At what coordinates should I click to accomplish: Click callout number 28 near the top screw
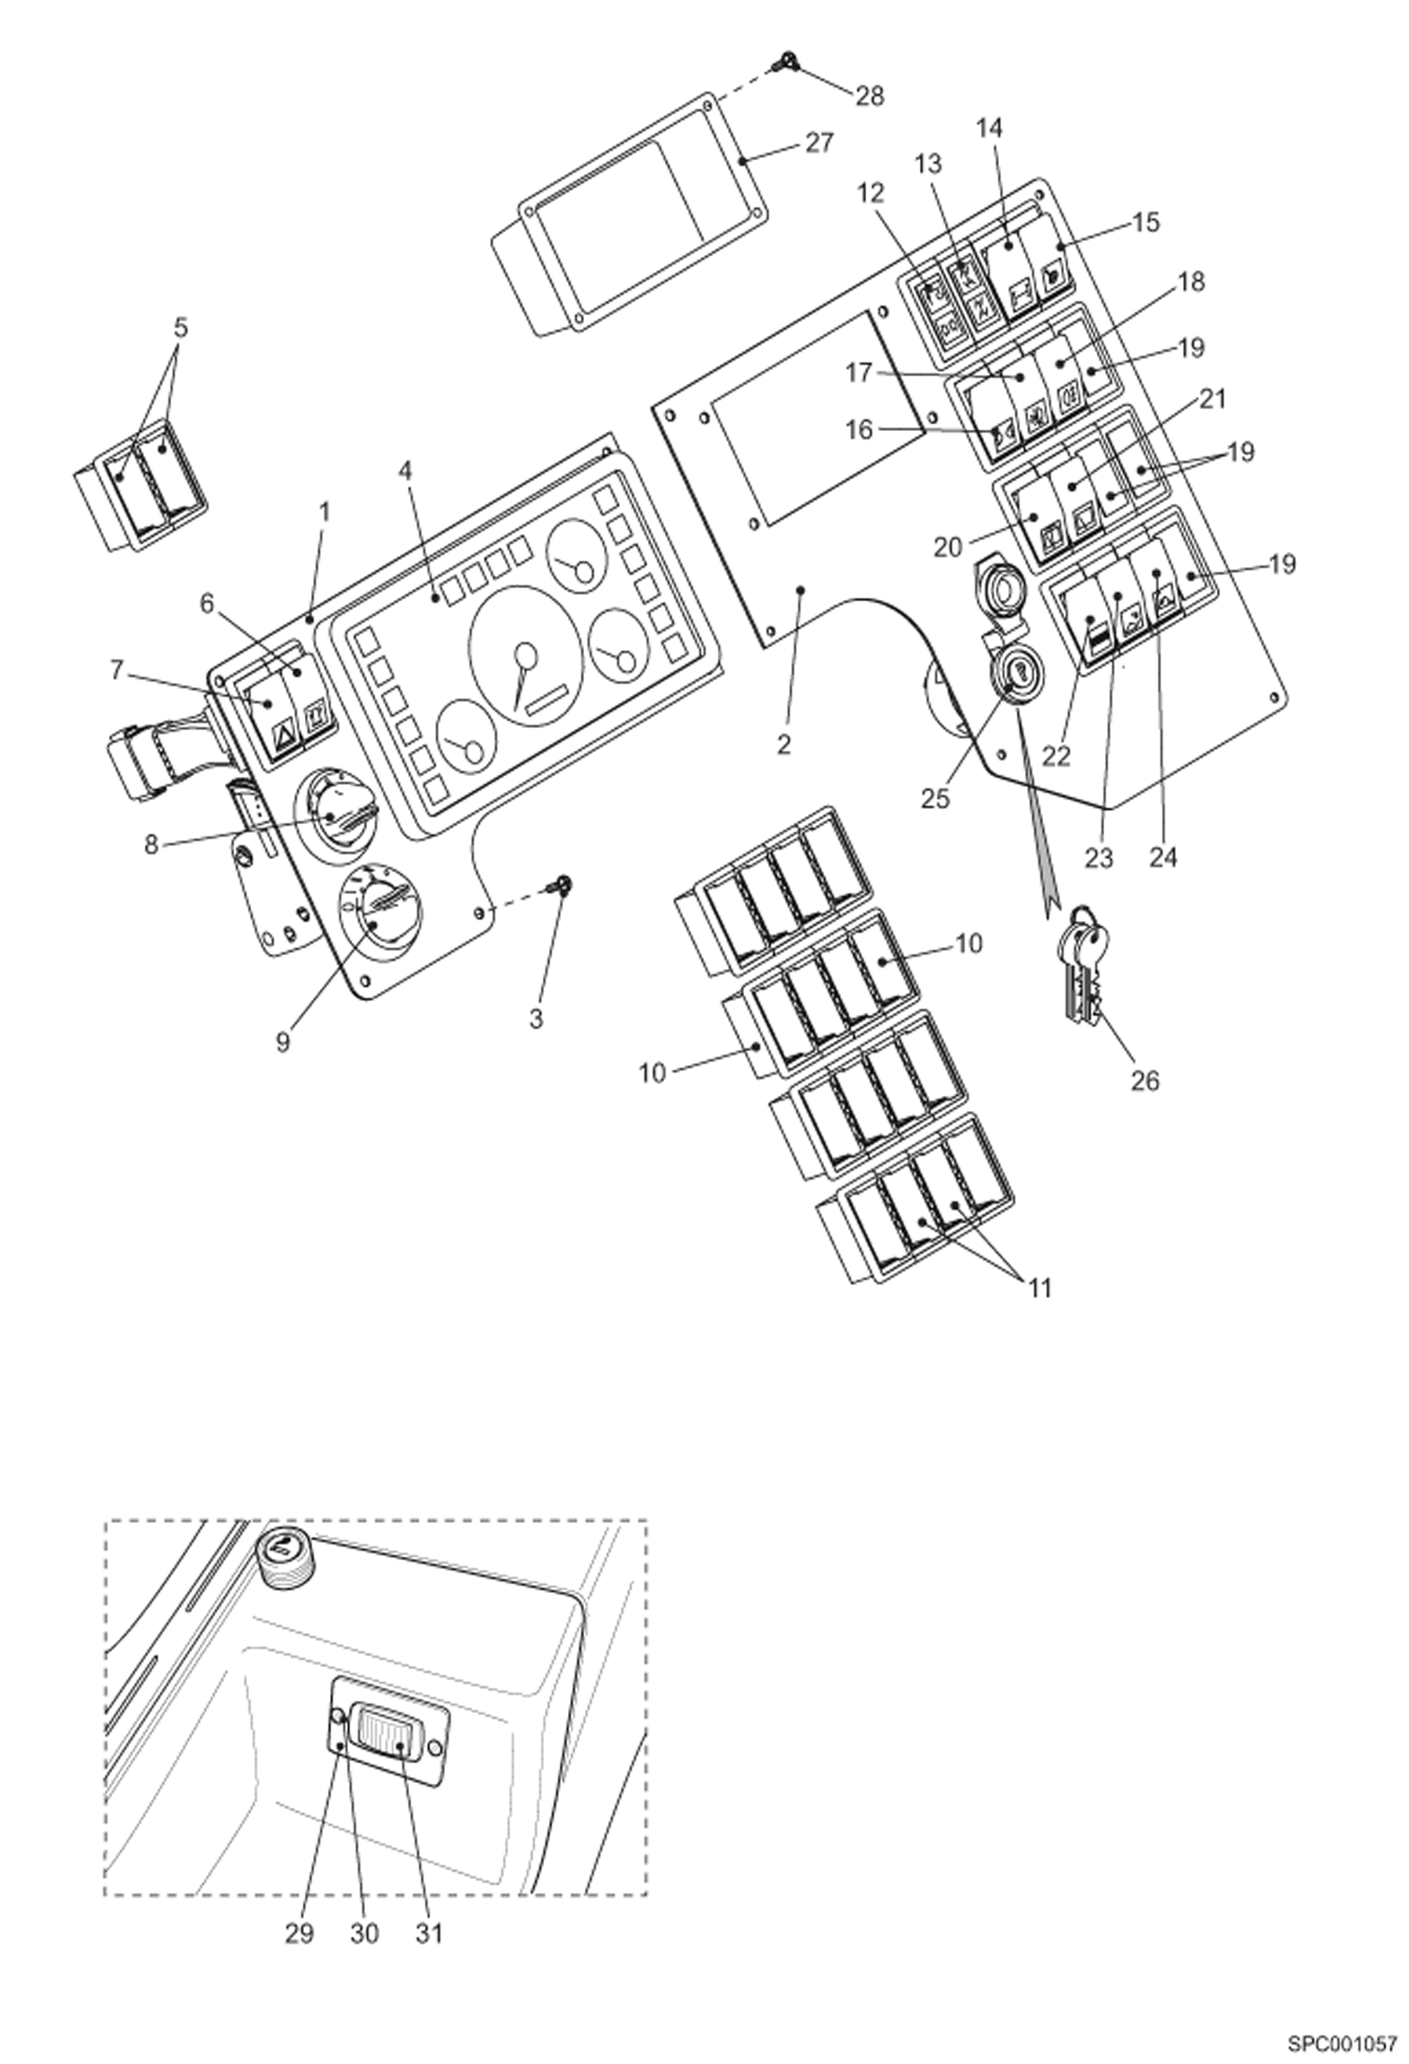[x=869, y=96]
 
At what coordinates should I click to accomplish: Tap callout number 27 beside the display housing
[x=818, y=144]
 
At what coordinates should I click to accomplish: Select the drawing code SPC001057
[x=1342, y=2038]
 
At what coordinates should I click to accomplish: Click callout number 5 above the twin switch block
[x=181, y=328]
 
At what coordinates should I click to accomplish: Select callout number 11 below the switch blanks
[x=1038, y=1287]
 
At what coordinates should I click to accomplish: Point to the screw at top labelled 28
[x=780, y=64]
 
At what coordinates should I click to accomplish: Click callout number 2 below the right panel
[x=784, y=744]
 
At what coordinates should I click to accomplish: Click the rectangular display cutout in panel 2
[x=815, y=420]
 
